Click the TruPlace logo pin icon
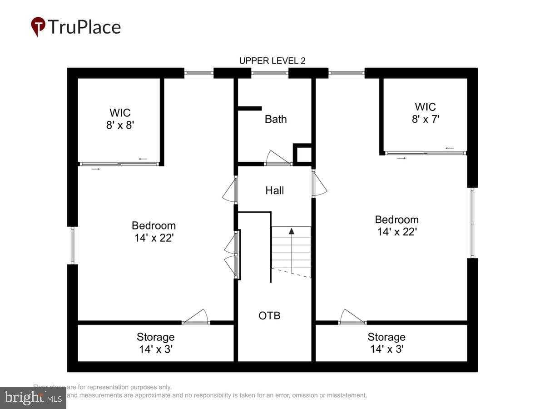coord(38,26)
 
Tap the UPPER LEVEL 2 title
coord(272,61)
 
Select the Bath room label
coord(276,119)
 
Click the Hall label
coord(275,190)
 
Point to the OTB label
coord(269,315)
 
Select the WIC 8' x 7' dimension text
coord(425,120)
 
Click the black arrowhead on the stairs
coord(292,231)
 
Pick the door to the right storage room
coord(352,317)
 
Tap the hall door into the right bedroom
coord(319,184)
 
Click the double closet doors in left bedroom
coord(232,254)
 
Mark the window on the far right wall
coord(472,223)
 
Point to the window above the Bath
coord(270,73)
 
